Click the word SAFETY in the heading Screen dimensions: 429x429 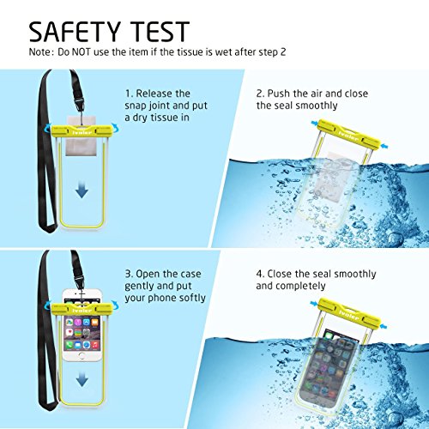75,32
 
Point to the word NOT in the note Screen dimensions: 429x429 82,52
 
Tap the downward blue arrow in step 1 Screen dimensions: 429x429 82,191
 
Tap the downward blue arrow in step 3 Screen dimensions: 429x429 82,380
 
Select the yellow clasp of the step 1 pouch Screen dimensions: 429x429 82,130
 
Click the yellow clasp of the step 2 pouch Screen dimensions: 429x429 349,135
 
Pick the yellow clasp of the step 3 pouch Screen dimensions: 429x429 82,309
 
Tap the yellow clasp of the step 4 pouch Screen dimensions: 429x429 349,313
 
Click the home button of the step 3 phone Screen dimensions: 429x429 82,356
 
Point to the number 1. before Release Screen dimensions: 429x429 129,94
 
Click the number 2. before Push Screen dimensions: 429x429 260,94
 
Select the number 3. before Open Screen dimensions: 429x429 129,274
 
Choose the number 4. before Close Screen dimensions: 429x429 260,274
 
